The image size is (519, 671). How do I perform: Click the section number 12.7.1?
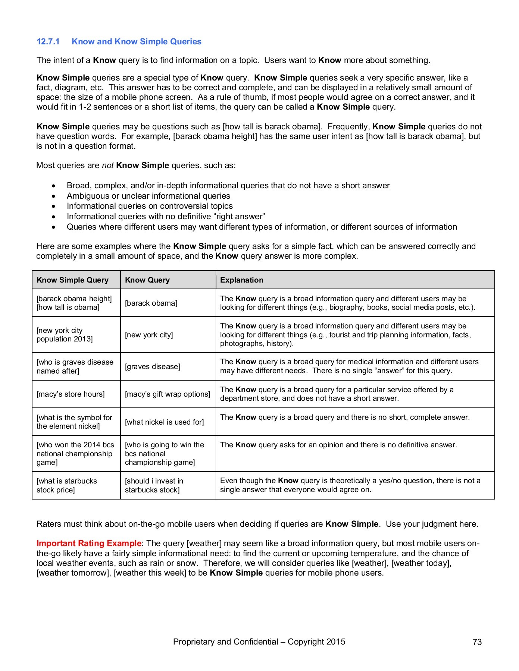click(x=48, y=41)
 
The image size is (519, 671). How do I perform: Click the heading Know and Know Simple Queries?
click(x=136, y=41)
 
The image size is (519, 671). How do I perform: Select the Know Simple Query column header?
click(x=72, y=280)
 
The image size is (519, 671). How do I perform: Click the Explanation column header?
click(x=241, y=280)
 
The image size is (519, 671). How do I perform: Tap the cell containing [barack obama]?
click(x=151, y=303)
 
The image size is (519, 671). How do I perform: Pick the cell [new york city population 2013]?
click(x=65, y=335)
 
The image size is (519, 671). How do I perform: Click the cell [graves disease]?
click(x=152, y=366)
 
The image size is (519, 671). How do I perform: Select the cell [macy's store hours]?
click(x=71, y=394)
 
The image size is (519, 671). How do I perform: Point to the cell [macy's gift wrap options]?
click(x=168, y=394)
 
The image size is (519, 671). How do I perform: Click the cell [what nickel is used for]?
click(x=164, y=422)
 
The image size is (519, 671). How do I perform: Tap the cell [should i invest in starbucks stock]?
click(x=154, y=485)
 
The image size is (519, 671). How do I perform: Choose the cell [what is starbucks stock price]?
click(x=66, y=485)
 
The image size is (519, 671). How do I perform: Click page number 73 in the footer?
click(x=477, y=642)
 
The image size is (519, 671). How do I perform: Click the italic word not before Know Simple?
click(x=107, y=165)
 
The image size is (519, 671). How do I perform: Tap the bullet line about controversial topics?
click(x=150, y=206)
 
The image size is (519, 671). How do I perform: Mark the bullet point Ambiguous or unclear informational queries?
click(x=148, y=196)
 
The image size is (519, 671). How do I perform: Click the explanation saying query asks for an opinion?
click(x=338, y=445)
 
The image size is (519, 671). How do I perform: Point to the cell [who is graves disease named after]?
click(x=75, y=366)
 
